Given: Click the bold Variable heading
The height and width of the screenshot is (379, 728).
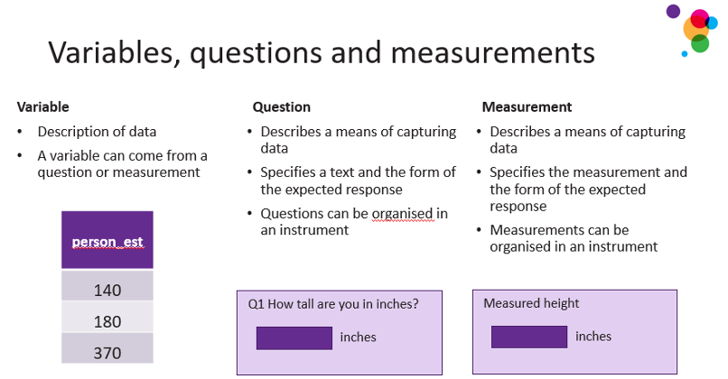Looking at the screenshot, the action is pos(43,107).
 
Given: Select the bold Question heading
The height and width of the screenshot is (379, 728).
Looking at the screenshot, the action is pos(282,107).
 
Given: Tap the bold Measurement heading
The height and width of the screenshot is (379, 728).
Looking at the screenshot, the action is pos(527,107).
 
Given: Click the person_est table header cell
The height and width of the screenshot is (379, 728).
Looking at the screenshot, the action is pos(107,240).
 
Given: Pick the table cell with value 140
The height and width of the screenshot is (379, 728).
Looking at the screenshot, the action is pos(107,286).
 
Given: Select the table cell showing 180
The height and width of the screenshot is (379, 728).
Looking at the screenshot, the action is pos(107,317).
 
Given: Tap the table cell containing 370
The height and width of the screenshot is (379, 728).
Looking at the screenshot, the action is pos(107,348).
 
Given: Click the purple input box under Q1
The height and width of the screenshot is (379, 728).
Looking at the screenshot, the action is pos(294,338).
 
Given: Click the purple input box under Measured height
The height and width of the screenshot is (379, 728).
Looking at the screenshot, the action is pos(529,337).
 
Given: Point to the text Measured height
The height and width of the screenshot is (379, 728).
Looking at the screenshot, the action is pos(531,303).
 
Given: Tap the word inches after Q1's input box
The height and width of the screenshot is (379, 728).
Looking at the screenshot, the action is pos(358,337).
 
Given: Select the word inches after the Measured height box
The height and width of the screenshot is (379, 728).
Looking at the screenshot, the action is pos(593,337).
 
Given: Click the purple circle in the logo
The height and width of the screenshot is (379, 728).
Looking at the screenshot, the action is pos(673,11).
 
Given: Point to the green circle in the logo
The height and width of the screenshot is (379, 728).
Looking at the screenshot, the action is pos(700,44).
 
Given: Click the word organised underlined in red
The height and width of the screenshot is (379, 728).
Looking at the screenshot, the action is pos(403,214).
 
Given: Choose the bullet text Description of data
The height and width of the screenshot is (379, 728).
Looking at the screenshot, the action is pos(97,132).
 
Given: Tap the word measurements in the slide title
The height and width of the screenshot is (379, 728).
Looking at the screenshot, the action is pos(492,52).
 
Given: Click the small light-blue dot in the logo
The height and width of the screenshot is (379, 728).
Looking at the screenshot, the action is pos(685,54).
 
